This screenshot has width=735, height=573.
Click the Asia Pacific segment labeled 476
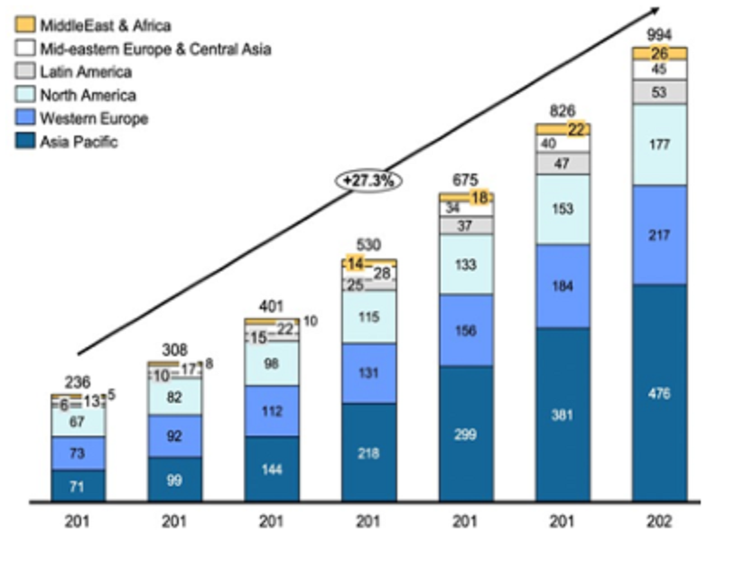tap(659, 392)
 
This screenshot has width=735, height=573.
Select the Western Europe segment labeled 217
tap(659, 235)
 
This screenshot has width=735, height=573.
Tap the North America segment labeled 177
tap(659, 145)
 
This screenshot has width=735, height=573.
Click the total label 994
tap(659, 34)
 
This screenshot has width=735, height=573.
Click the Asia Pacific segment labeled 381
tap(563, 415)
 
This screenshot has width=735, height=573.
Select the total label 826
tap(563, 111)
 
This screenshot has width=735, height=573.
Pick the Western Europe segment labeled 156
tap(466, 330)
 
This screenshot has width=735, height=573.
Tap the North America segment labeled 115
tap(369, 316)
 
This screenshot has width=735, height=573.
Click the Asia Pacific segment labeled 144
tap(272, 469)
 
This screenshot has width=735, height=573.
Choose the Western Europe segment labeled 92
tap(174, 436)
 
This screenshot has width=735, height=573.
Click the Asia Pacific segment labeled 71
tap(78, 485)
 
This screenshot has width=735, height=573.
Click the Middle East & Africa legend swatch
tap(24, 25)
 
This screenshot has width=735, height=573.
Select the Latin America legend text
tap(86, 72)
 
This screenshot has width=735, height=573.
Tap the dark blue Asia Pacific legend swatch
tap(24, 142)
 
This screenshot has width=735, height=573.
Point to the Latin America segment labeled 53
tap(659, 91)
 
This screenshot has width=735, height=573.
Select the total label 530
tap(368, 244)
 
